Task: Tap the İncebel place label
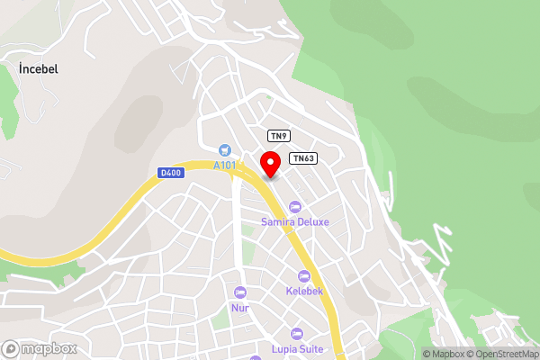[x=38, y=68]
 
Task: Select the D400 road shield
[x=169, y=171]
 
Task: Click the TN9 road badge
[x=278, y=136]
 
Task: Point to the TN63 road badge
[x=303, y=158]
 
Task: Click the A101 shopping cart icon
[x=224, y=149]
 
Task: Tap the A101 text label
[x=224, y=166]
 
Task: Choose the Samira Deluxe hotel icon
[x=295, y=207]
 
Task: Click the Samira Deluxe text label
[x=295, y=221]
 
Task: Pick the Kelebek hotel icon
[x=304, y=275]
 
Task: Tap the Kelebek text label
[x=304, y=291]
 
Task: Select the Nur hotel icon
[x=239, y=292]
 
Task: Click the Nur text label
[x=239, y=308]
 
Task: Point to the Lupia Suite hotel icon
[x=296, y=333]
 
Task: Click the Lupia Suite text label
[x=296, y=347]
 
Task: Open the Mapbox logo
[x=39, y=348]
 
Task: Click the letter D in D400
[x=162, y=171]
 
